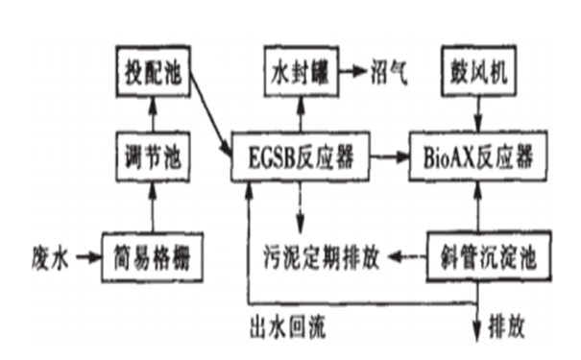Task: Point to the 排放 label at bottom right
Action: pos(510,326)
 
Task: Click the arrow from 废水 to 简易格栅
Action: pos(85,256)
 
